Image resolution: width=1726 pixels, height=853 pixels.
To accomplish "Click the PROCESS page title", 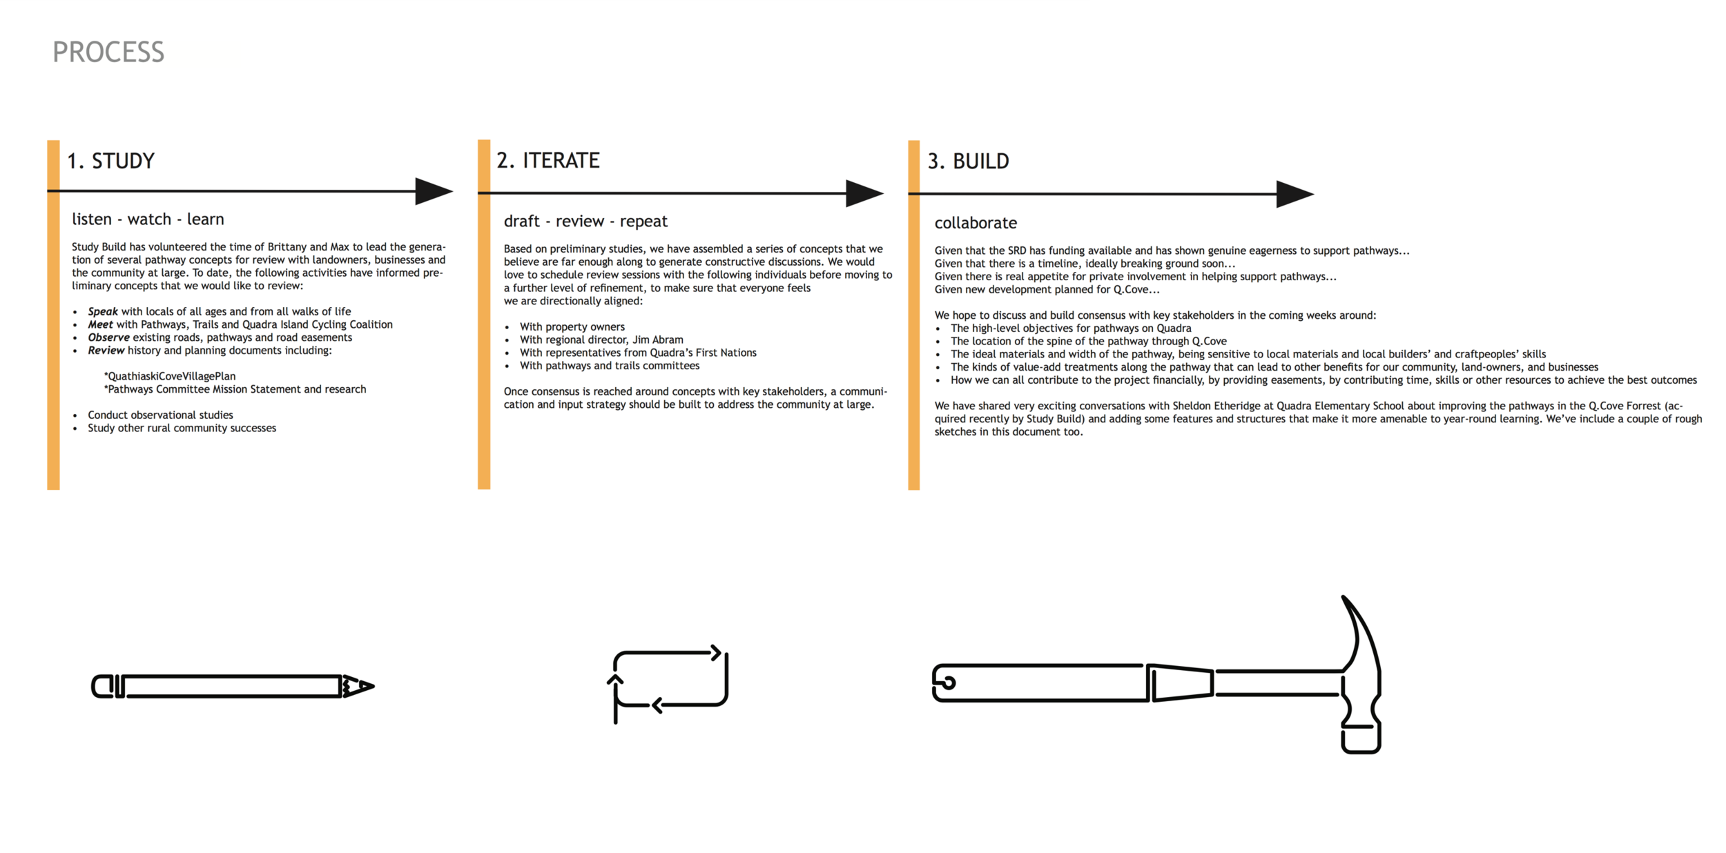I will (108, 52).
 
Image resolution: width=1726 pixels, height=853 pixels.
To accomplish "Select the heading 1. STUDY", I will (110, 161).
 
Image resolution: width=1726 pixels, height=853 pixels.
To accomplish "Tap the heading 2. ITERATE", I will (548, 160).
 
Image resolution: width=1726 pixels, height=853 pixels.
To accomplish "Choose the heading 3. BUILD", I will (968, 161).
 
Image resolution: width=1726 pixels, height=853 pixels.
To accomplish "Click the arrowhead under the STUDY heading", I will (433, 191).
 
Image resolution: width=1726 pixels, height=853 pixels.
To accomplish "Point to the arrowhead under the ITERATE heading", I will (864, 193).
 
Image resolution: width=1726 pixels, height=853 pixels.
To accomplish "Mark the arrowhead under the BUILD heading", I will (1294, 194).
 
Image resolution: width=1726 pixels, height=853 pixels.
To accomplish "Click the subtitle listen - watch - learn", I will (148, 219).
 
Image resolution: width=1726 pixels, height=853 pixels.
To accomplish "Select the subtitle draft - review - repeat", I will (585, 222).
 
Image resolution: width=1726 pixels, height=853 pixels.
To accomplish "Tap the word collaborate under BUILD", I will (976, 223).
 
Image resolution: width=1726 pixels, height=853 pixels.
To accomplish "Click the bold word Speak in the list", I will (103, 311).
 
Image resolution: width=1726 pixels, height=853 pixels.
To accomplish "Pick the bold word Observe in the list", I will (108, 337).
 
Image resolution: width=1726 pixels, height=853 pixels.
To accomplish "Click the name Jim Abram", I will (657, 340).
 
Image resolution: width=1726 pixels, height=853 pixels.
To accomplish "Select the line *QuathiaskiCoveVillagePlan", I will (170, 376).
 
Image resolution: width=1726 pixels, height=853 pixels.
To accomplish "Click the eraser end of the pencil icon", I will (101, 687).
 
